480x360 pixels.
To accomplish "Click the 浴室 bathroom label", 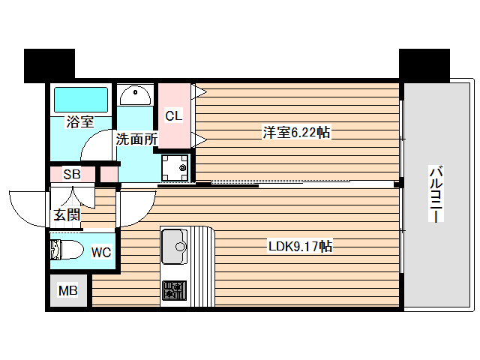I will (x=79, y=121).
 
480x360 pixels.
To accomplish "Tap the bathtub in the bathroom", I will (x=80, y=100).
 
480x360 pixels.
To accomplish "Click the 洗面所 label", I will (x=136, y=139).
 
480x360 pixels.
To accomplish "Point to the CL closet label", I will (x=173, y=115).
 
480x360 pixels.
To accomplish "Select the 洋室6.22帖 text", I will (x=296, y=133).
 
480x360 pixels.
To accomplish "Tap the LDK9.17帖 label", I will (x=301, y=246).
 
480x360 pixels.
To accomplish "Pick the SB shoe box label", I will (x=71, y=175).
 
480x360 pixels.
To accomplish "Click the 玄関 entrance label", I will (x=65, y=215).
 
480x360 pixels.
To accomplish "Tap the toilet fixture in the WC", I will (x=66, y=250).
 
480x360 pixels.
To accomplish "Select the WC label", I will (x=100, y=252).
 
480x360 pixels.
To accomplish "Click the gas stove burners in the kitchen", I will (x=175, y=289).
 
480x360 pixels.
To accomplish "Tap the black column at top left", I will (x=49, y=65).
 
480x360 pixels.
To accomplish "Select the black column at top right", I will (x=424, y=65).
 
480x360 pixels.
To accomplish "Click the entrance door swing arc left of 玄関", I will (x=26, y=210).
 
